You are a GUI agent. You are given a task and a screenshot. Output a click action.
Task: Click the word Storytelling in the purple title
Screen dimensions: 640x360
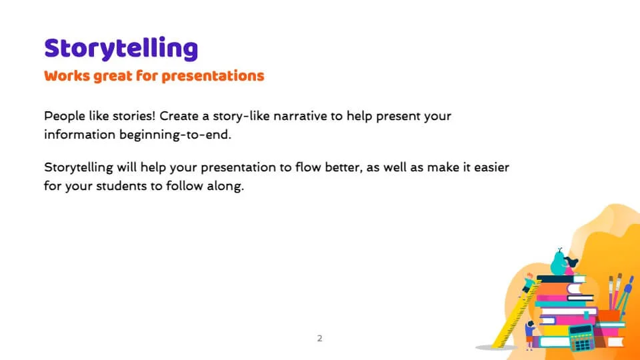tap(121, 49)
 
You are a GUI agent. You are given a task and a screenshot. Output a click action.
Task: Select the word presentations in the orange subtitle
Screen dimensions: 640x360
tap(213, 76)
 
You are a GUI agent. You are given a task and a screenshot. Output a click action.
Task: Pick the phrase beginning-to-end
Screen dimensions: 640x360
tap(175, 135)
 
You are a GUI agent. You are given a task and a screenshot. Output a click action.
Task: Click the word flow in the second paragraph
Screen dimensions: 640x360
tap(308, 167)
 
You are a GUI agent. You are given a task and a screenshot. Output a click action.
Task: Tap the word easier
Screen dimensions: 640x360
tap(491, 167)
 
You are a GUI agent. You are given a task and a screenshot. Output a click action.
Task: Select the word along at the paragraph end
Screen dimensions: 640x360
tap(225, 186)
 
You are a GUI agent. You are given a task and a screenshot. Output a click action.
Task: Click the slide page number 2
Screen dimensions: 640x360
tap(319, 339)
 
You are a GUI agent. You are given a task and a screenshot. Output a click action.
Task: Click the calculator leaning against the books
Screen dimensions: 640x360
tap(582, 337)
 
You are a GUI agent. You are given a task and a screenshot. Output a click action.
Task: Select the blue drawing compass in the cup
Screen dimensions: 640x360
tap(625, 295)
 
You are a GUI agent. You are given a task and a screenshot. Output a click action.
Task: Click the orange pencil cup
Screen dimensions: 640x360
tap(609, 316)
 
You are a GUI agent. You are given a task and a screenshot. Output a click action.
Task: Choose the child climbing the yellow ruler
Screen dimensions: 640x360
tap(527, 285)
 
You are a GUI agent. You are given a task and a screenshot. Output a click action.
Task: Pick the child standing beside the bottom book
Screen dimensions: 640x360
tap(530, 335)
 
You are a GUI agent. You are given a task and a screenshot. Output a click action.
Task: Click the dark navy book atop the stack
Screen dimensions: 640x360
tap(556, 279)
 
